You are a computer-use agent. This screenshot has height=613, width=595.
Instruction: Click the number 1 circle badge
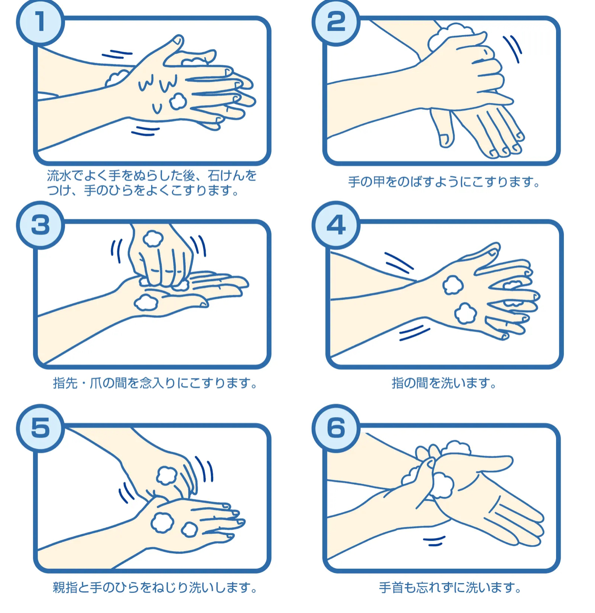(x=41, y=22)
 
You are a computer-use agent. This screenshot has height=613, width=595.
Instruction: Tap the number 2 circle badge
(x=336, y=22)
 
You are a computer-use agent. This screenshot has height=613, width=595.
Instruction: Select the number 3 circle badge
(x=41, y=225)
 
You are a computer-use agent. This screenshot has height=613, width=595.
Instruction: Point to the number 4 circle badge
(x=336, y=225)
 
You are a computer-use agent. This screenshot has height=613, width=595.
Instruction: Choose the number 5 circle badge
(x=41, y=428)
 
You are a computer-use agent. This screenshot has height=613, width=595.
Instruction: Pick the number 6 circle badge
(x=336, y=428)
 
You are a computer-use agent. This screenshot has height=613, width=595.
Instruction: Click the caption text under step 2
(x=444, y=182)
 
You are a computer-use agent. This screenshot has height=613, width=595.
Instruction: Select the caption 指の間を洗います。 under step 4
(x=444, y=383)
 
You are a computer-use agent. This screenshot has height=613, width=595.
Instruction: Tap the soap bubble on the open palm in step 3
(x=146, y=303)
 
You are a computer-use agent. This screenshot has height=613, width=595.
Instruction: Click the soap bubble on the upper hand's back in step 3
(x=153, y=239)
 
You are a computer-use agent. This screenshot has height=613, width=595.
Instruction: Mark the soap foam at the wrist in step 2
(x=450, y=37)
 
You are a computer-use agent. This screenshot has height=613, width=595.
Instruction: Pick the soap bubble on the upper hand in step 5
(x=167, y=475)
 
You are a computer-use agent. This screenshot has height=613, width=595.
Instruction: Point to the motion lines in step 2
(x=512, y=49)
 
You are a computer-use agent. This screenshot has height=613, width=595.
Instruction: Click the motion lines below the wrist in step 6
(x=434, y=541)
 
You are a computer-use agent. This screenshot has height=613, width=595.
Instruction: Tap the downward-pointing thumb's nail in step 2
(x=444, y=140)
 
